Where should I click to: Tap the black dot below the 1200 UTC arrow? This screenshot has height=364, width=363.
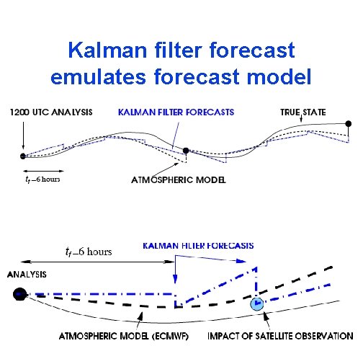point(23,156)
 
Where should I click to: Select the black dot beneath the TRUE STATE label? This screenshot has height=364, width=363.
point(349,124)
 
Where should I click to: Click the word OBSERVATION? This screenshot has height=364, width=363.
point(325,336)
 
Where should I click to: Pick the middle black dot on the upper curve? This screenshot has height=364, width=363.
point(186,151)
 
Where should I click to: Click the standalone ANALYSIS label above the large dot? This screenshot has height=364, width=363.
point(27,275)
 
